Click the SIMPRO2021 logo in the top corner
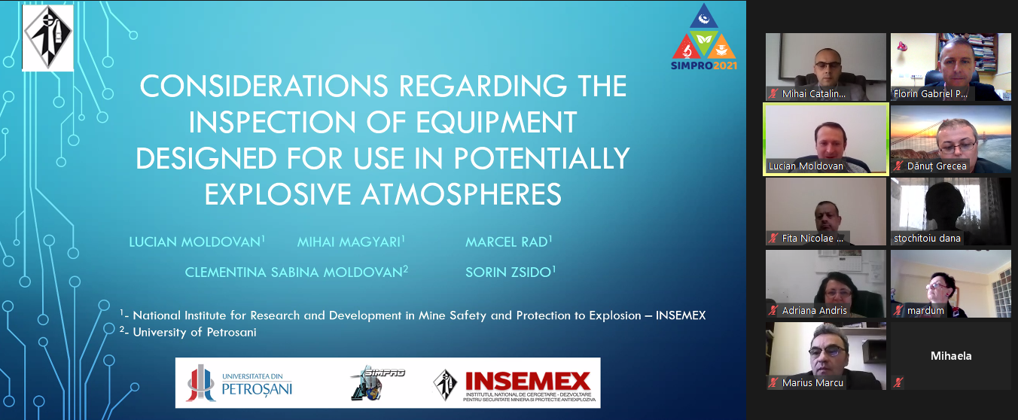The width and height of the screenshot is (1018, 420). pos(703,37)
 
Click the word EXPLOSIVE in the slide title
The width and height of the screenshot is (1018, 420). pos(278,194)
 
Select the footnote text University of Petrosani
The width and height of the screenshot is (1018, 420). pos(194,332)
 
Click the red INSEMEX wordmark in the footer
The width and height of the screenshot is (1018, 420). pos(528,381)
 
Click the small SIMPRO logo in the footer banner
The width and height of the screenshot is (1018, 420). pos(377,383)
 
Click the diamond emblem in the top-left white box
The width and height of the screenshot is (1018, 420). pos(47,38)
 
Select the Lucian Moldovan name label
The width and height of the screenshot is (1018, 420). pos(806,166)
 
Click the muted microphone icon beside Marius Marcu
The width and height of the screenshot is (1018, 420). pos(773,382)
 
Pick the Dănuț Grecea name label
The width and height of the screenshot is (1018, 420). pos(937,166)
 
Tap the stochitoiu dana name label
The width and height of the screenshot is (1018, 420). pos(927,238)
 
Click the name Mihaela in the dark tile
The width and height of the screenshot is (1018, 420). pos(951,356)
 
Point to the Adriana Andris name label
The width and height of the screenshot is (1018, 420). pos(815,310)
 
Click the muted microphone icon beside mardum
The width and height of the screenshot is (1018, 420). pos(898,310)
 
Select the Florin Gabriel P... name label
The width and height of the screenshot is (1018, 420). pos(931,94)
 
